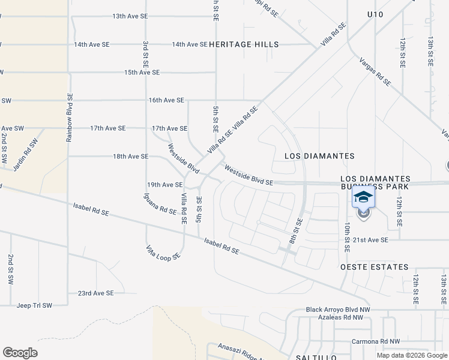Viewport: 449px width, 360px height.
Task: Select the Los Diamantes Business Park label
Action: click(375, 183)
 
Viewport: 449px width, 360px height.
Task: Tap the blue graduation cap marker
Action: click(363, 197)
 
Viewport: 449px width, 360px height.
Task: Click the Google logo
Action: click(20, 352)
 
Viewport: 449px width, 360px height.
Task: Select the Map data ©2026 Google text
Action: click(411, 355)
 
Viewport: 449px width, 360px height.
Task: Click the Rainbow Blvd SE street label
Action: click(69, 117)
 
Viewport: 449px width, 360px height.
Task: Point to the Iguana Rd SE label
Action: click(160, 203)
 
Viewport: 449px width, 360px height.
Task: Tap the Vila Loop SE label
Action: click(163, 252)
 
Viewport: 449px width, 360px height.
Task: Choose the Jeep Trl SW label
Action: click(35, 305)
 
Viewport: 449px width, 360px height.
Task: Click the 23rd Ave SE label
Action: click(95, 293)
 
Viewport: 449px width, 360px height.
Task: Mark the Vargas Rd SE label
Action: click(375, 71)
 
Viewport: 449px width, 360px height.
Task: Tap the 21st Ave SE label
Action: click(371, 240)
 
